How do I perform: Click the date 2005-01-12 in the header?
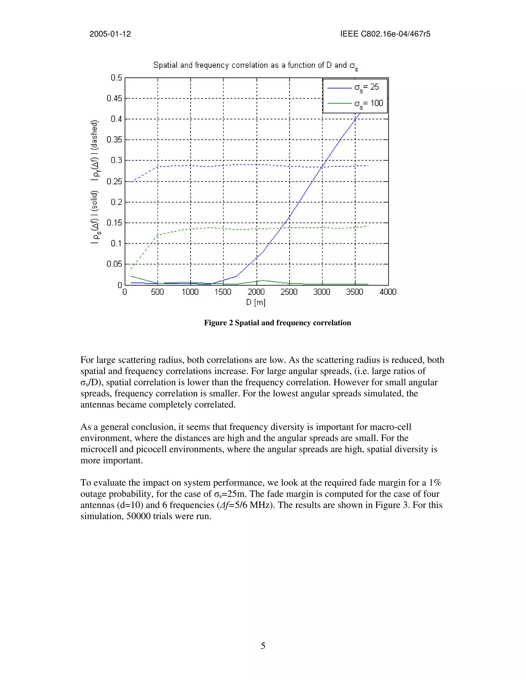[110, 34]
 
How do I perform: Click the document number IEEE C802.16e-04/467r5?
[385, 34]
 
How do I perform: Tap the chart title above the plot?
[255, 66]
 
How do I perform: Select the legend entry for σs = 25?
[355, 88]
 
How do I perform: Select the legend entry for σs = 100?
[355, 104]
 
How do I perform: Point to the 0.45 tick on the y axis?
[114, 98]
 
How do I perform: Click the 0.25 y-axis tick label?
[114, 181]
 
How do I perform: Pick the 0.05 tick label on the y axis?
[114, 264]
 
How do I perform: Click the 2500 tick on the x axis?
[289, 292]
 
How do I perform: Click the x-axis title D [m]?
[256, 302]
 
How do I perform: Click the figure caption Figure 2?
[277, 323]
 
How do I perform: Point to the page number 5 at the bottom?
[263, 646]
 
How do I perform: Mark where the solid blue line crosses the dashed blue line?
[322, 167]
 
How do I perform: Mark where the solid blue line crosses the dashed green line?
[282, 228]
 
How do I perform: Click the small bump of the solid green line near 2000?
[264, 280]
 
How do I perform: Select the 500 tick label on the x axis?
[157, 292]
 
